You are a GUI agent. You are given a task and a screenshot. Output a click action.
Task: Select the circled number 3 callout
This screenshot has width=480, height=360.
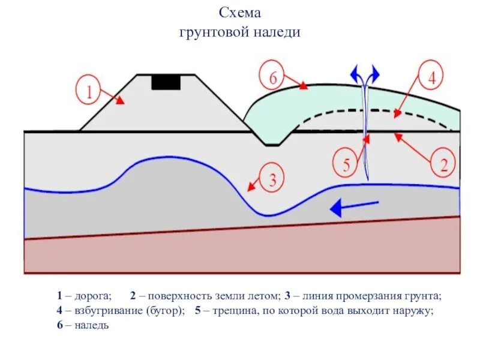pos(272,179)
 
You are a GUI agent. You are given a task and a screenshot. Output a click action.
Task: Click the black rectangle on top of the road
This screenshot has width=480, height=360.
pos(166,82)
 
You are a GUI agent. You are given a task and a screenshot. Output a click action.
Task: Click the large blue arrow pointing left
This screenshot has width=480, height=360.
pos(355,208)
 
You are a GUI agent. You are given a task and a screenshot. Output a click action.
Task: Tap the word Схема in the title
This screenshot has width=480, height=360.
pos(240,13)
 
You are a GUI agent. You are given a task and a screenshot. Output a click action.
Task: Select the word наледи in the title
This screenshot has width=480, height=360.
pos(278,32)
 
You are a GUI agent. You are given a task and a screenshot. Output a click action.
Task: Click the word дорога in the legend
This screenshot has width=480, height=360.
pos(92,296)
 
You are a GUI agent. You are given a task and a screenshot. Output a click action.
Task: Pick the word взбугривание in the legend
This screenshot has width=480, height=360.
pos(109,311)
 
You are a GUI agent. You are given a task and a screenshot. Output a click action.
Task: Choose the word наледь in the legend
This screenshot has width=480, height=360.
pos(91,326)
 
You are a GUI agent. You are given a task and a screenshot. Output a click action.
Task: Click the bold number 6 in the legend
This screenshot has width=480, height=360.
pos(60,326)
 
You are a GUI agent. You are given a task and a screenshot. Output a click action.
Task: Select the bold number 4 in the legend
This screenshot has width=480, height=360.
pos(60,311)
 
